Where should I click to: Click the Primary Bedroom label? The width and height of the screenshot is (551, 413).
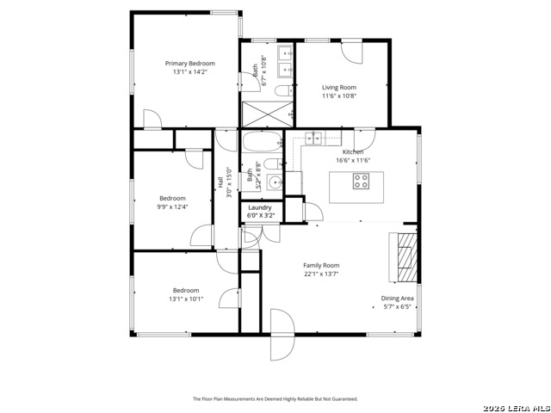[x=190, y=64]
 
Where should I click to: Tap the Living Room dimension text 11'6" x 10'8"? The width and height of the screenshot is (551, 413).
[x=339, y=96]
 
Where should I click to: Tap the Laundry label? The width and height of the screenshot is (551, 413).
[x=260, y=207]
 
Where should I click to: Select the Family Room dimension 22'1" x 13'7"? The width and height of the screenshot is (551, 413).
[x=321, y=274]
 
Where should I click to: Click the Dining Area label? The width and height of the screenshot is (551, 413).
[x=397, y=299]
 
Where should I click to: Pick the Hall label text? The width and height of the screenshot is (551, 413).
[x=220, y=182]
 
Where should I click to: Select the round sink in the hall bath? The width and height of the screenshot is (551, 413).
[x=273, y=182]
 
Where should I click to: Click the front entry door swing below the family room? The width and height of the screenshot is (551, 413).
[x=281, y=337]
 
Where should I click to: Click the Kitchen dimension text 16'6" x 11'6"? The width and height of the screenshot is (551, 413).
[x=352, y=160]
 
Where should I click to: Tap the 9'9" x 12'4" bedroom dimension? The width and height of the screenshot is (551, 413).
[x=172, y=206]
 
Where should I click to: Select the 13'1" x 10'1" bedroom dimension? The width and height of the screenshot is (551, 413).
[x=186, y=299]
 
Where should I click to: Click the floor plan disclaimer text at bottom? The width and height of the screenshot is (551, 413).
[x=275, y=399]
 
